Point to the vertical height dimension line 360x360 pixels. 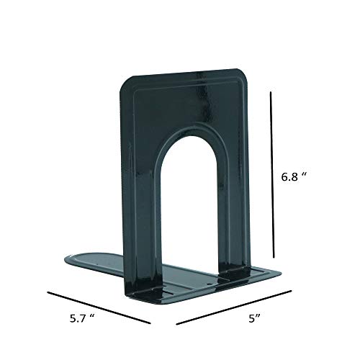tap(271, 173)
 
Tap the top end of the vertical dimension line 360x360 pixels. tap(271, 90)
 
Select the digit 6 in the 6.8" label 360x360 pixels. tap(286, 175)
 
